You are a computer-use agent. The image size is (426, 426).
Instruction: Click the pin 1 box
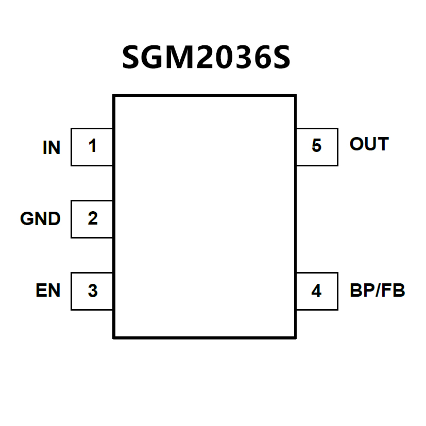tap(92, 147)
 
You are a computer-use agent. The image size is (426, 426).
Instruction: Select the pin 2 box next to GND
tap(92, 219)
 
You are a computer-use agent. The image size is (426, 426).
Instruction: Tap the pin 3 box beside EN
tap(92, 291)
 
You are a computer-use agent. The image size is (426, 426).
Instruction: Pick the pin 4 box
tap(316, 291)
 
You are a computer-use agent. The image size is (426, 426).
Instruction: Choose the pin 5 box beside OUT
tap(316, 147)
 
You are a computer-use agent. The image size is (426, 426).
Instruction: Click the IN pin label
tap(52, 148)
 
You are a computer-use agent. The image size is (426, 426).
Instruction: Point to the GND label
tap(40, 219)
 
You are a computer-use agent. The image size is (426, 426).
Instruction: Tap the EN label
tap(48, 291)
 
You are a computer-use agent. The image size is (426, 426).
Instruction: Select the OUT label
tap(369, 144)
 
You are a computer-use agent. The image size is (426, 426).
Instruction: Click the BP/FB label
tap(377, 291)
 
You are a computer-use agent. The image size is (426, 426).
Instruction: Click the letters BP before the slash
tap(361, 291)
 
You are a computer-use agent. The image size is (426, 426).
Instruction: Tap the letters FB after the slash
tap(394, 291)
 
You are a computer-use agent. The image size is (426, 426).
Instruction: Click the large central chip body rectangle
tap(204, 216)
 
